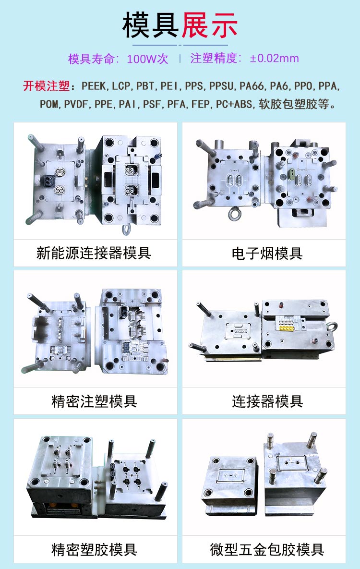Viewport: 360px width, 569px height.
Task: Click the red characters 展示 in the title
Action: [x=210, y=25]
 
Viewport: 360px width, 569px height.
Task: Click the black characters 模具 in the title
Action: [x=151, y=25]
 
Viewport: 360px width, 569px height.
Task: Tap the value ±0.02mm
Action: [x=275, y=59]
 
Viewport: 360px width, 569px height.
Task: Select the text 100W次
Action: [x=147, y=59]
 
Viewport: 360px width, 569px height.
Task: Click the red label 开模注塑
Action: [x=46, y=86]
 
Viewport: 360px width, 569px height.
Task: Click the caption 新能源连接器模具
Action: [x=94, y=253]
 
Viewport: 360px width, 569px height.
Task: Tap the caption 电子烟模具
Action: [x=267, y=253]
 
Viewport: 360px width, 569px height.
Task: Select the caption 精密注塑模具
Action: [x=94, y=401]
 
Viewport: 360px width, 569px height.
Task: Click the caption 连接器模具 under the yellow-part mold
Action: [x=267, y=401]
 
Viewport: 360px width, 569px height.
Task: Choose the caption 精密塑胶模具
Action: [x=94, y=549]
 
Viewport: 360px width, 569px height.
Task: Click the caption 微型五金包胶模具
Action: [x=267, y=549]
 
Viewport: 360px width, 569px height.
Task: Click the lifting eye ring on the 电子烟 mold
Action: [x=235, y=213]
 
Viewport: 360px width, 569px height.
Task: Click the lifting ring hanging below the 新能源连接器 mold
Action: [x=127, y=230]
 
